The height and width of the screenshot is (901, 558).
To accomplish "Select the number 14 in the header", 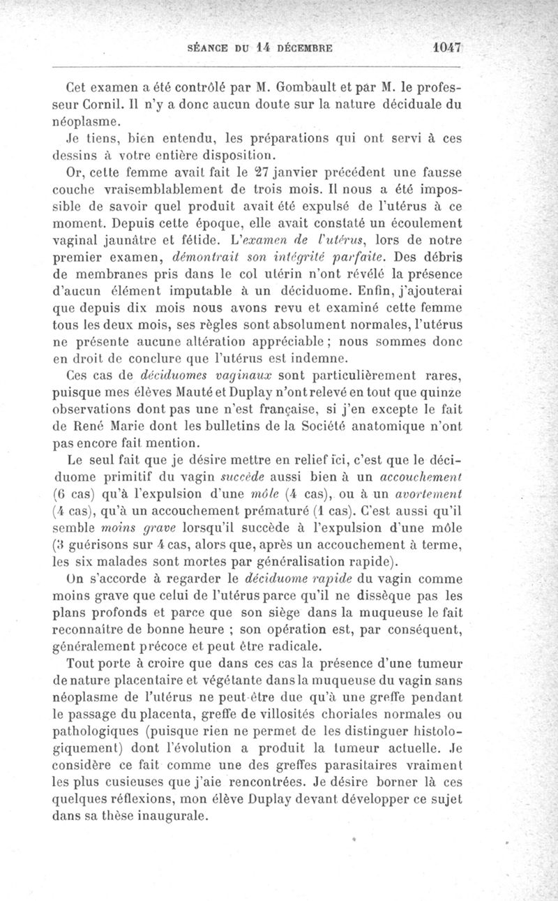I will point(264,49).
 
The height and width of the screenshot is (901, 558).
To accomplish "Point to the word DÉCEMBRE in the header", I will point(305,50).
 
